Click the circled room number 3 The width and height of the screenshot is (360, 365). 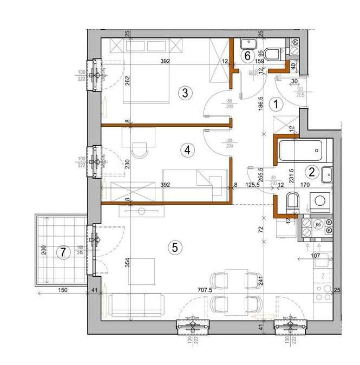click(185, 93)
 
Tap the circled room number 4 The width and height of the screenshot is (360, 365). click(187, 150)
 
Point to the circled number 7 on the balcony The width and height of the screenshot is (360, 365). click(63, 252)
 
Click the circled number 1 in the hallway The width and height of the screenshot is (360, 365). click(277, 103)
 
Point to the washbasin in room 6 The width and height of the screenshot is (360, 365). click(250, 43)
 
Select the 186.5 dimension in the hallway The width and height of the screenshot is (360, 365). click(260, 103)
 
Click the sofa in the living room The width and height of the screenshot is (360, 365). click(135, 305)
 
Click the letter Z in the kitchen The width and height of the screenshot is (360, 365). click(323, 276)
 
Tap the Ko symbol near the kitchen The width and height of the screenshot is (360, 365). click(318, 223)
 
